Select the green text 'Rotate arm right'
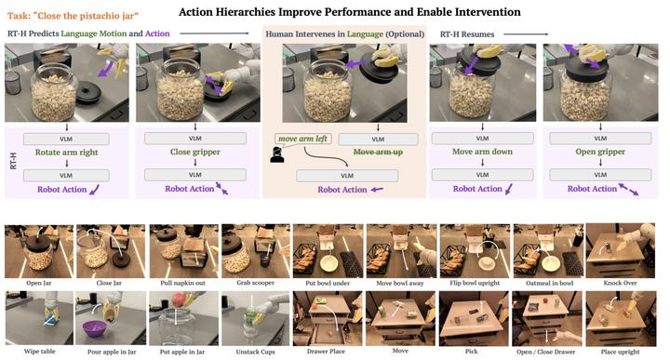(x=61, y=153)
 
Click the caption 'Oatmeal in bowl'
(x=549, y=274)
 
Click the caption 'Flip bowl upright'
(x=476, y=274)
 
